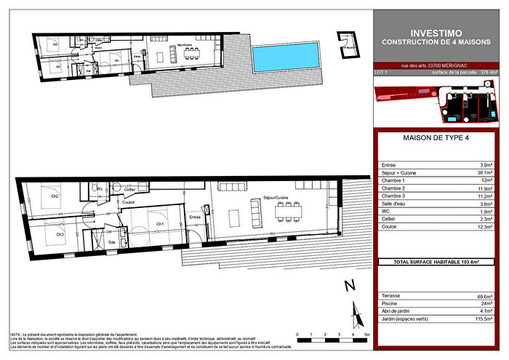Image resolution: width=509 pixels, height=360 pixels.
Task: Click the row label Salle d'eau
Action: click(394, 205)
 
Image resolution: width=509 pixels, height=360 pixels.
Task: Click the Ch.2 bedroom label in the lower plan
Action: click(54, 196)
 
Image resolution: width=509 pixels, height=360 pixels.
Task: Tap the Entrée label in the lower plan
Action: click(194, 217)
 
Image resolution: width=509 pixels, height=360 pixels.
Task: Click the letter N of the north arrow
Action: click(349, 284)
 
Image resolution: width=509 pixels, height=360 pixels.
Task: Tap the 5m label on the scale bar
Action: click(367, 335)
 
